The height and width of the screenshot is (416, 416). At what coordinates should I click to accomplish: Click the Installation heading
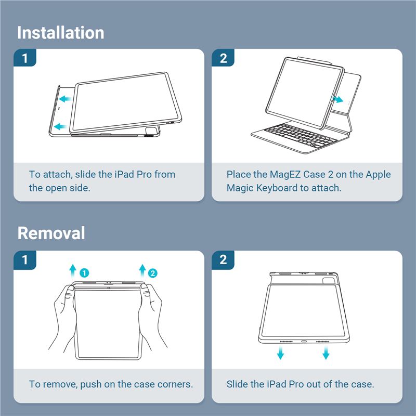click(x=60, y=33)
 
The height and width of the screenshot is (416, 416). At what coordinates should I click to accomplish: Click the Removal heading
click(x=51, y=233)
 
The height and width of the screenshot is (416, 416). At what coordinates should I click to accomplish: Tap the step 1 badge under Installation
click(x=25, y=58)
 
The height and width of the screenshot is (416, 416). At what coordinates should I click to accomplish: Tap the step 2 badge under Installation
click(x=223, y=58)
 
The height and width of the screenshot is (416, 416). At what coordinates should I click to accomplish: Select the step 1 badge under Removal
click(x=25, y=259)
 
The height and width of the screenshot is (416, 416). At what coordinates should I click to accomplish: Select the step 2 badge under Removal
click(x=223, y=259)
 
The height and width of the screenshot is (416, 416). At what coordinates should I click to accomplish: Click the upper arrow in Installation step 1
click(x=65, y=99)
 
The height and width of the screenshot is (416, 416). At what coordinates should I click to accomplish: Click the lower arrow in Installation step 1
click(x=60, y=126)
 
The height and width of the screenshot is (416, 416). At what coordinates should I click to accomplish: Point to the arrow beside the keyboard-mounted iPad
click(x=337, y=100)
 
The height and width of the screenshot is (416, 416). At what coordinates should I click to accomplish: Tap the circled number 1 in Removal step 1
click(x=84, y=273)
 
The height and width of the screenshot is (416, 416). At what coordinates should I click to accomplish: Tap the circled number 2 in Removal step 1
click(x=152, y=273)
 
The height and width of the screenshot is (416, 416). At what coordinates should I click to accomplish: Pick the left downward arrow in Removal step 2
click(x=280, y=353)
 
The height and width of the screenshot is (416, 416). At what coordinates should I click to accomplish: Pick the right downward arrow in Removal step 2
click(x=326, y=353)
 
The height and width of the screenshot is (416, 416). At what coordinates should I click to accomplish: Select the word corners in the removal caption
click(x=175, y=384)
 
